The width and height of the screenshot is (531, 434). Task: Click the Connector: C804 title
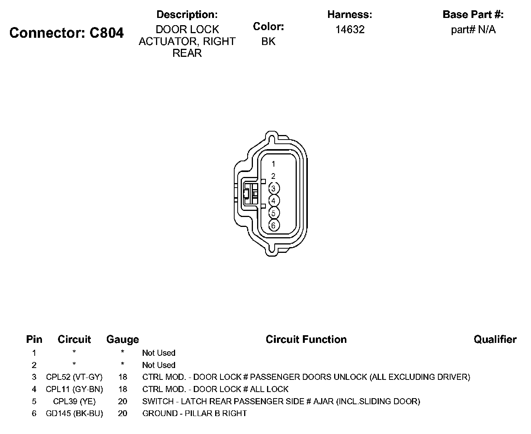click(66, 33)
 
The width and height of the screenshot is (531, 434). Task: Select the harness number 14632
click(350, 30)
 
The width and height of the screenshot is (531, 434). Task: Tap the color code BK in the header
click(268, 41)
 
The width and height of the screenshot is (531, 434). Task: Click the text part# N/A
click(473, 30)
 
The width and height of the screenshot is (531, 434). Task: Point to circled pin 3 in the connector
click(274, 188)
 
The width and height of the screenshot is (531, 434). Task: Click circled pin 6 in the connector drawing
click(274, 225)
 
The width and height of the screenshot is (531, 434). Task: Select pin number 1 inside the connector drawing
click(273, 164)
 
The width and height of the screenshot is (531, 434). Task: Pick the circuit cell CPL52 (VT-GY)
click(74, 377)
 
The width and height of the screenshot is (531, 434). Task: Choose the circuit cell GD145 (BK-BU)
click(74, 413)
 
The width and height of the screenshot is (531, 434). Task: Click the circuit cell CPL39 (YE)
click(74, 401)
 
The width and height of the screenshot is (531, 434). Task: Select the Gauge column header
click(122, 339)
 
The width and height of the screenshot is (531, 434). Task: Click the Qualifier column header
click(495, 339)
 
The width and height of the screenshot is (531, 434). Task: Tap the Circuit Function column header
click(306, 339)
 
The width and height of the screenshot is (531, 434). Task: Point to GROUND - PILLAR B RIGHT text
click(195, 413)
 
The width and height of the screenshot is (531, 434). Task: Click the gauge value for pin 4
click(122, 389)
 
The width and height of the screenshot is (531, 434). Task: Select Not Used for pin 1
click(159, 353)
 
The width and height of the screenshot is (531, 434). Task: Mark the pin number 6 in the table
click(34, 413)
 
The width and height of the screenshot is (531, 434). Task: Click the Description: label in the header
click(187, 15)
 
